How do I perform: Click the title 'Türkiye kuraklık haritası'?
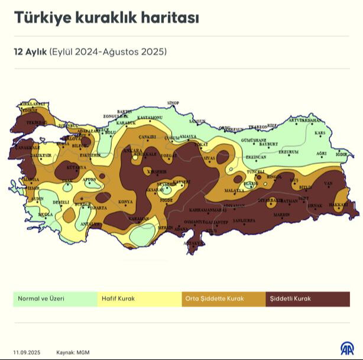coord(106,18)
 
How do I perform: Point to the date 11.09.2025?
coord(27,351)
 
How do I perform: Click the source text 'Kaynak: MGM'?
coord(74,351)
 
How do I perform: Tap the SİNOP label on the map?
coord(173,103)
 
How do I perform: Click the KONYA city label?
coord(125,202)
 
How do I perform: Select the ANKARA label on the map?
coord(129,151)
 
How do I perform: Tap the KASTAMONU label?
coord(150,118)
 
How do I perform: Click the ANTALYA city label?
coord(91,224)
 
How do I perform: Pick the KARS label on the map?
coord(320,134)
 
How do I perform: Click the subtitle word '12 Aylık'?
coord(31,51)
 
